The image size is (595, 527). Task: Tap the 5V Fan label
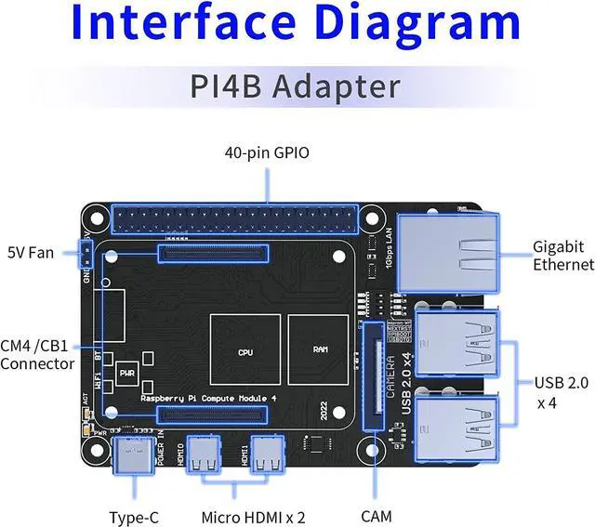[x=31, y=252]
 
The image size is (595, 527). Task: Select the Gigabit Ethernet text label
[x=562, y=256]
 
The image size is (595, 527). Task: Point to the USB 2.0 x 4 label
[x=561, y=392]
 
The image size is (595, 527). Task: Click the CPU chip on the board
[x=245, y=351]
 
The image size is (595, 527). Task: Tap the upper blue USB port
[x=456, y=340]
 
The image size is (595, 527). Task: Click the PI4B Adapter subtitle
[x=295, y=86]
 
